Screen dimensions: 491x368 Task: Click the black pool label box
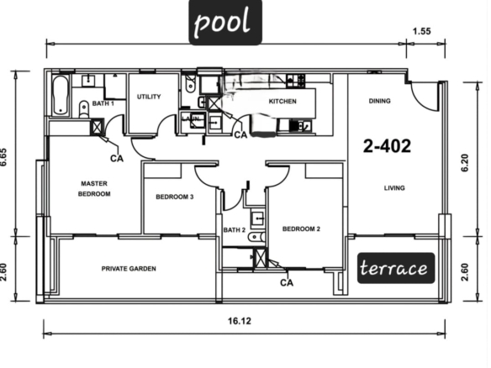tap(225, 22)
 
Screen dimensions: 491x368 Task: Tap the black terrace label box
tap(396, 268)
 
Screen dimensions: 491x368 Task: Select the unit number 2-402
tap(387, 146)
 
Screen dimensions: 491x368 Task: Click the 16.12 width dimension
tap(240, 321)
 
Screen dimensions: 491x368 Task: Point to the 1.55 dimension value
tap(422, 31)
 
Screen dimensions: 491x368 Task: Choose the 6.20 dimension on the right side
tap(465, 163)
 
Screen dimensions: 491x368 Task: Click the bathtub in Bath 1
tap(61, 95)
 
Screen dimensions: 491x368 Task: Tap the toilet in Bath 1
tap(83, 108)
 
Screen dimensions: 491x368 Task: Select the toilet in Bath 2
tap(256, 237)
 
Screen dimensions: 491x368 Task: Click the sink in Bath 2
tap(258, 218)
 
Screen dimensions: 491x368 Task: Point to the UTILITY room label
tap(149, 97)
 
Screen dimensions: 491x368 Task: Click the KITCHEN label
tap(282, 102)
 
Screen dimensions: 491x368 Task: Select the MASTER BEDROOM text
tap(94, 189)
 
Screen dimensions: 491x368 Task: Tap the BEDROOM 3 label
tap(174, 197)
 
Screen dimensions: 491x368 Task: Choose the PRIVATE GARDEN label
tap(129, 269)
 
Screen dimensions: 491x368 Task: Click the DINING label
tap(379, 101)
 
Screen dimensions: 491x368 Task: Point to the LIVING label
tap(394, 187)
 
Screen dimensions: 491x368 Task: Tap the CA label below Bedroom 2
tap(287, 283)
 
